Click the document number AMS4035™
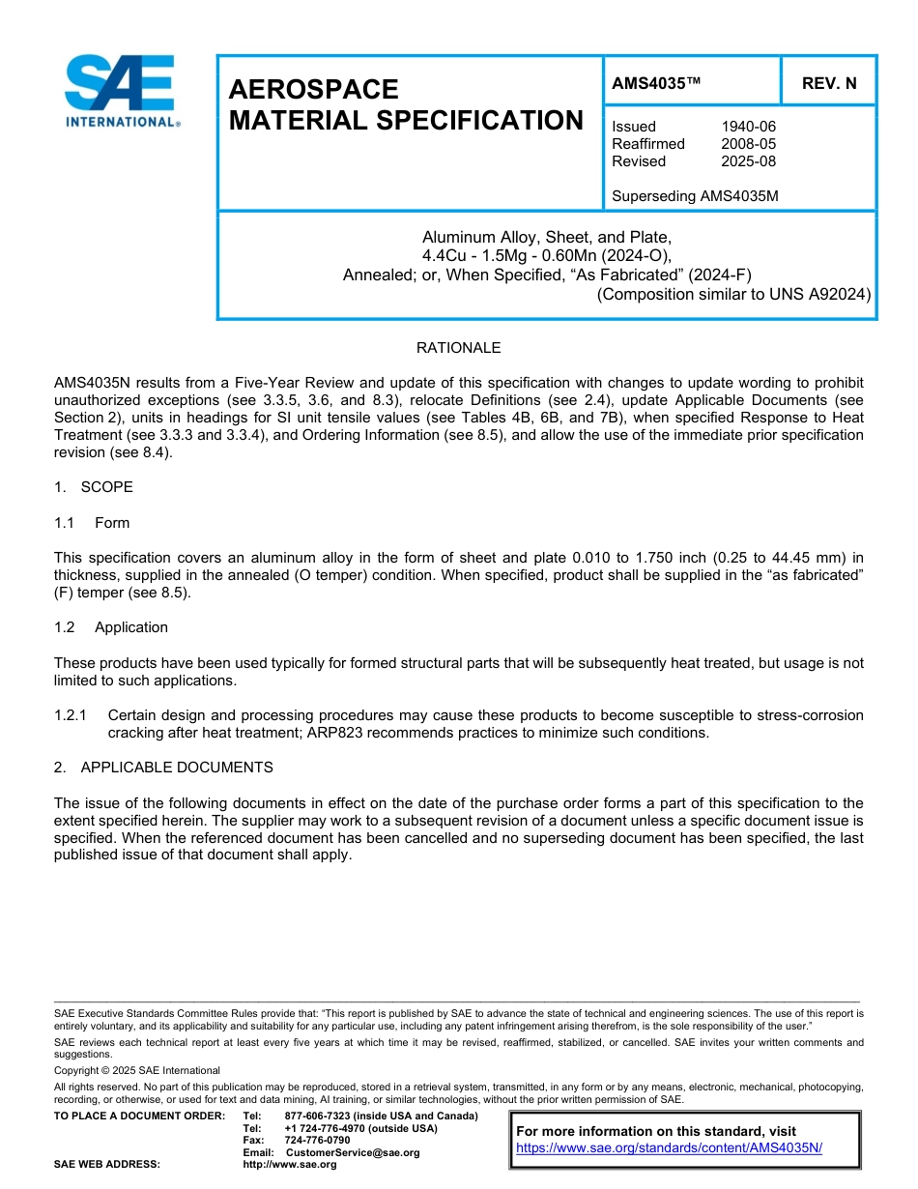point(656,83)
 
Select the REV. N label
point(829,83)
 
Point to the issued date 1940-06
point(748,127)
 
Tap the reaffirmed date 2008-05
point(748,144)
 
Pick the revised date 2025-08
point(748,161)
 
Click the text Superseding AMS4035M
point(695,196)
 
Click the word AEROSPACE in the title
point(313,90)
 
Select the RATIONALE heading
point(458,348)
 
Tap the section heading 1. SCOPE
point(94,487)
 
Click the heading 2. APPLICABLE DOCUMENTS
point(163,768)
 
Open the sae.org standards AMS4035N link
point(669,1148)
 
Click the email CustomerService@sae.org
point(353,1152)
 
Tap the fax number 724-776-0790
point(317,1141)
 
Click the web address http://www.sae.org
point(290,1165)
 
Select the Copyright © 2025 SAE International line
point(137,1070)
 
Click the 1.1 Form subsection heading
point(93,523)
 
